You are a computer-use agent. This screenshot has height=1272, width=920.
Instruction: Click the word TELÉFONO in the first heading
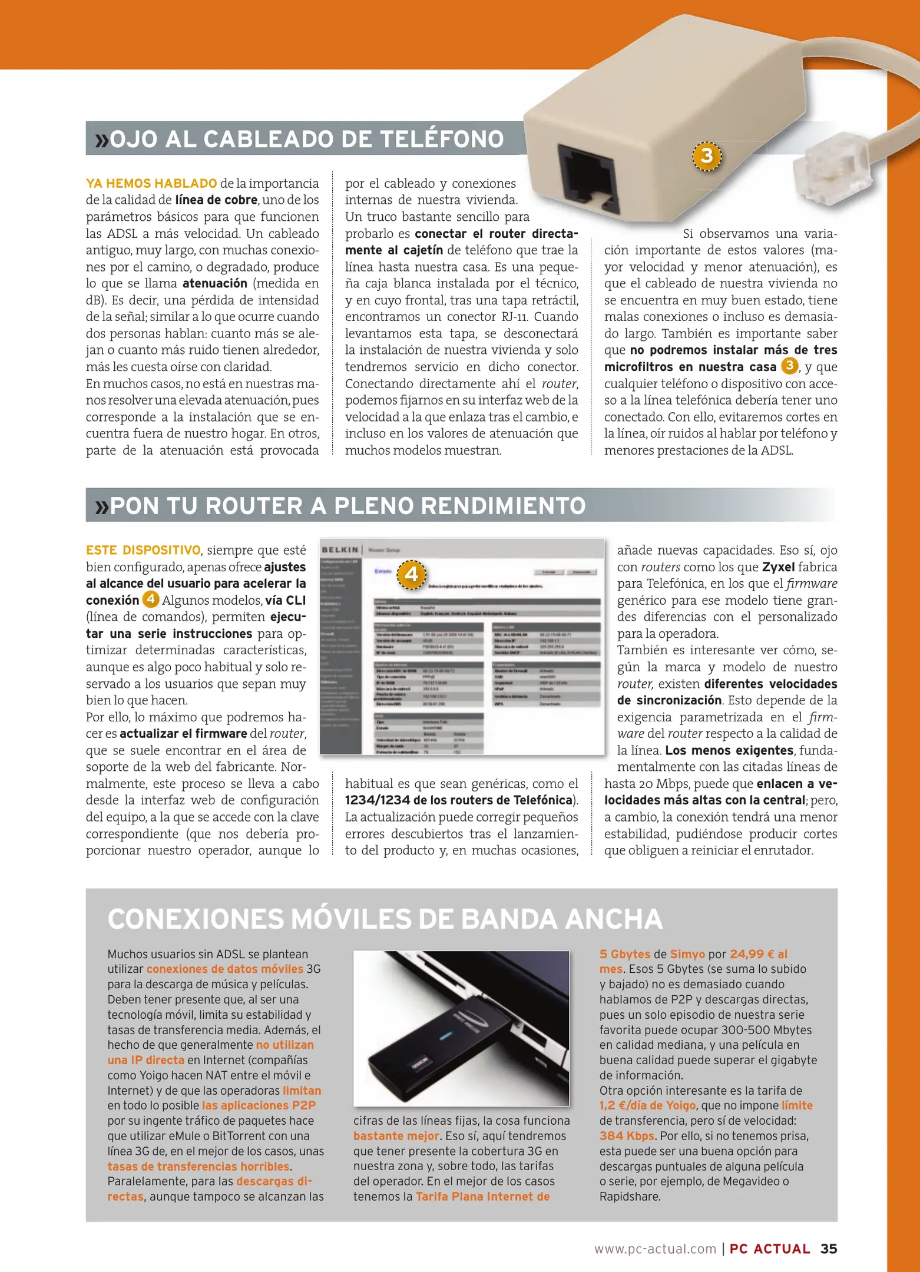coord(442,139)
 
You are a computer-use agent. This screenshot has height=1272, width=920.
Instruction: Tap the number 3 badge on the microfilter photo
coord(706,156)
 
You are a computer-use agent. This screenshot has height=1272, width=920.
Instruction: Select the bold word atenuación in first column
coord(216,283)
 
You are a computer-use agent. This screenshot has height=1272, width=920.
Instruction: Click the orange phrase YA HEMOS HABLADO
coord(151,183)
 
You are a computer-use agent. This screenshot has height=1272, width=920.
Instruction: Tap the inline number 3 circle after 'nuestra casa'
coord(789,366)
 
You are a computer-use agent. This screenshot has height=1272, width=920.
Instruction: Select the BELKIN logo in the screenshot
coord(340,549)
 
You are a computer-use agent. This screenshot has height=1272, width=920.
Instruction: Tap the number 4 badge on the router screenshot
coord(411,574)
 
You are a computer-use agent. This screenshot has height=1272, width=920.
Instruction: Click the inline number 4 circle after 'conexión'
coord(151,599)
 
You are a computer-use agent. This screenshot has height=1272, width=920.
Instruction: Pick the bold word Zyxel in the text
coord(778,567)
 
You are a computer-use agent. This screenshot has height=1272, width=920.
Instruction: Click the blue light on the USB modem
coord(445,1035)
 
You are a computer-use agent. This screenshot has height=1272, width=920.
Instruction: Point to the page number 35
coord(828,1248)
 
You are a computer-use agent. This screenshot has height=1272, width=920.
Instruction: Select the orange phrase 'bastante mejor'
coord(396,1136)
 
